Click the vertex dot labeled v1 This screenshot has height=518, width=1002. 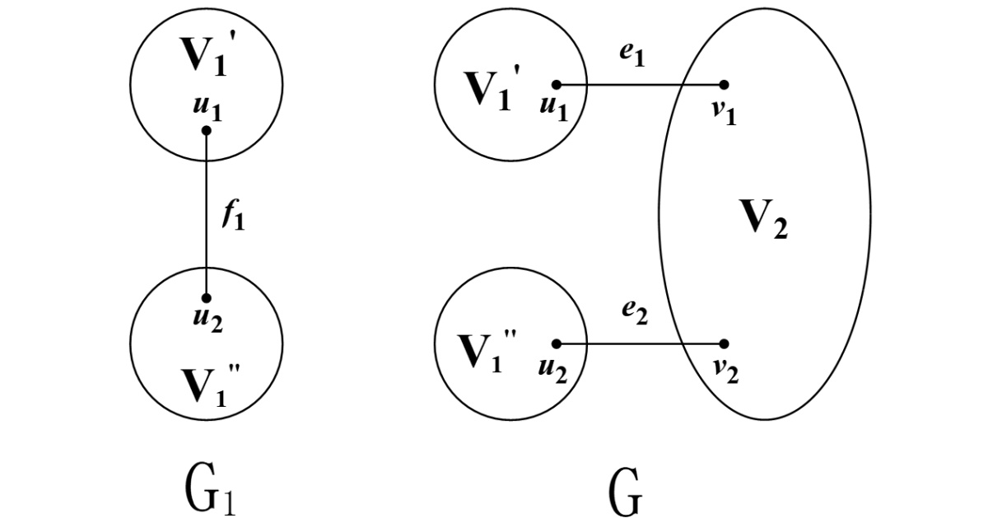(724, 84)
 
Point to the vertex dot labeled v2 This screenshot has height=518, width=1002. (724, 343)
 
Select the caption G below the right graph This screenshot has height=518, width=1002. (627, 491)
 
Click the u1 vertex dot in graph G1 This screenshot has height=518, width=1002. (206, 130)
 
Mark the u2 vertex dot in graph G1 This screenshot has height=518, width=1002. (206, 298)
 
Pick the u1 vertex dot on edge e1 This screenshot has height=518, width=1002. (556, 84)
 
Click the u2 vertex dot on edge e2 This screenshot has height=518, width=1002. (556, 343)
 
